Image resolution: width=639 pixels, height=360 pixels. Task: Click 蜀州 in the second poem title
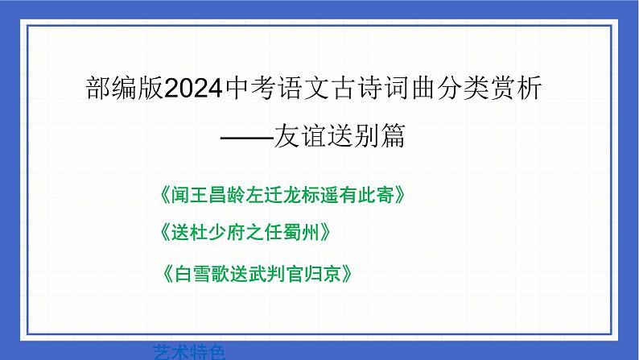click(x=304, y=233)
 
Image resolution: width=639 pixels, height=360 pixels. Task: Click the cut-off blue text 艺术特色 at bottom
click(x=187, y=353)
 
